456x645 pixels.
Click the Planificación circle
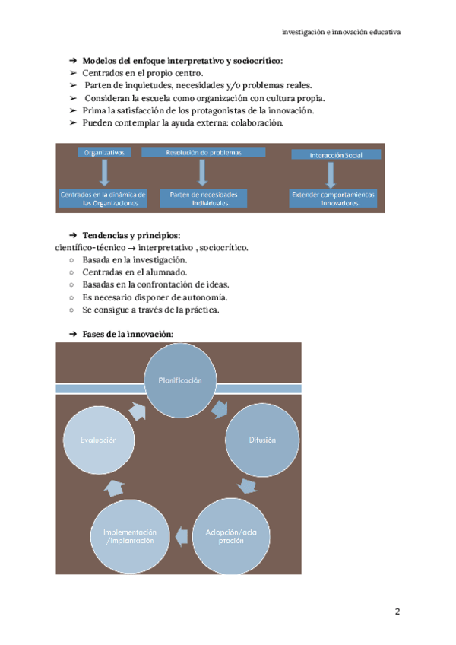179,380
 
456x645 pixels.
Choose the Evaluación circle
99,440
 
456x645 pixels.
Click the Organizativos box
104,152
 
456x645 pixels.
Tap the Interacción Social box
335,154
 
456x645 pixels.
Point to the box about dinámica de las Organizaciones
103,199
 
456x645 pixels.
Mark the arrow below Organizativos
104,173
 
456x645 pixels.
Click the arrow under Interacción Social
331,175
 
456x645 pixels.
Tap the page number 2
397,612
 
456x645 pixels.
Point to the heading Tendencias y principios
131,235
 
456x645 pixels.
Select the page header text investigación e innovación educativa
341,33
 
